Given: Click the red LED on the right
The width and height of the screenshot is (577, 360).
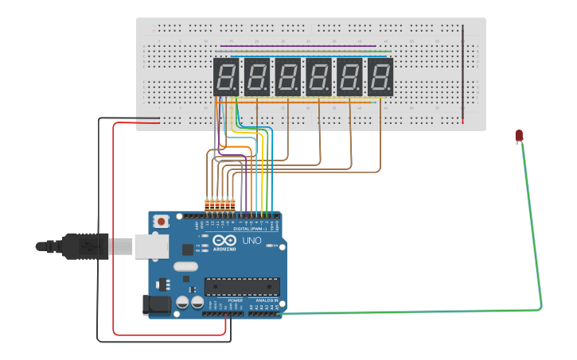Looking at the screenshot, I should (519, 136).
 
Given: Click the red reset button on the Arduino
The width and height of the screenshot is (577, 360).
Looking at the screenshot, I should (162, 222).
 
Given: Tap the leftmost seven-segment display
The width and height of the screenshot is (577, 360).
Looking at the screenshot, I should (226, 77).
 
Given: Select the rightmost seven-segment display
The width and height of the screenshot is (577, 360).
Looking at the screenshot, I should (380, 77).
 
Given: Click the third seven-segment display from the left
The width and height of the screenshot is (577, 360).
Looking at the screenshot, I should (287, 77).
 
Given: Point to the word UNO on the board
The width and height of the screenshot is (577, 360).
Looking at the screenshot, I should (251, 241).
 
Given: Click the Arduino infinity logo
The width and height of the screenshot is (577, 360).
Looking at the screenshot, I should (225, 242).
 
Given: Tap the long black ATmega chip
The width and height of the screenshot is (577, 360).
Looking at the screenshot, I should (242, 286).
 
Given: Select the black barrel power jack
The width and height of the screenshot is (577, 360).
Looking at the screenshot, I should (156, 303).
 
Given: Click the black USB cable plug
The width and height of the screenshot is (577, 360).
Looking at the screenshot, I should (88, 246).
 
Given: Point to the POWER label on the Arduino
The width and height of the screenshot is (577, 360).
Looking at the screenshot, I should (224, 300).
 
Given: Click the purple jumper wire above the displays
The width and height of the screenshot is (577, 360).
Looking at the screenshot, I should (294, 46).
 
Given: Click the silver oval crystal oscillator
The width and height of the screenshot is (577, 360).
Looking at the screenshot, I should (185, 268).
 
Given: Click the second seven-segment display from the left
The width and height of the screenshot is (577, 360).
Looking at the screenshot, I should (257, 77).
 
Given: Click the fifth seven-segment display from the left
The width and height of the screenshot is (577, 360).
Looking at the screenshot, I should (349, 77).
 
